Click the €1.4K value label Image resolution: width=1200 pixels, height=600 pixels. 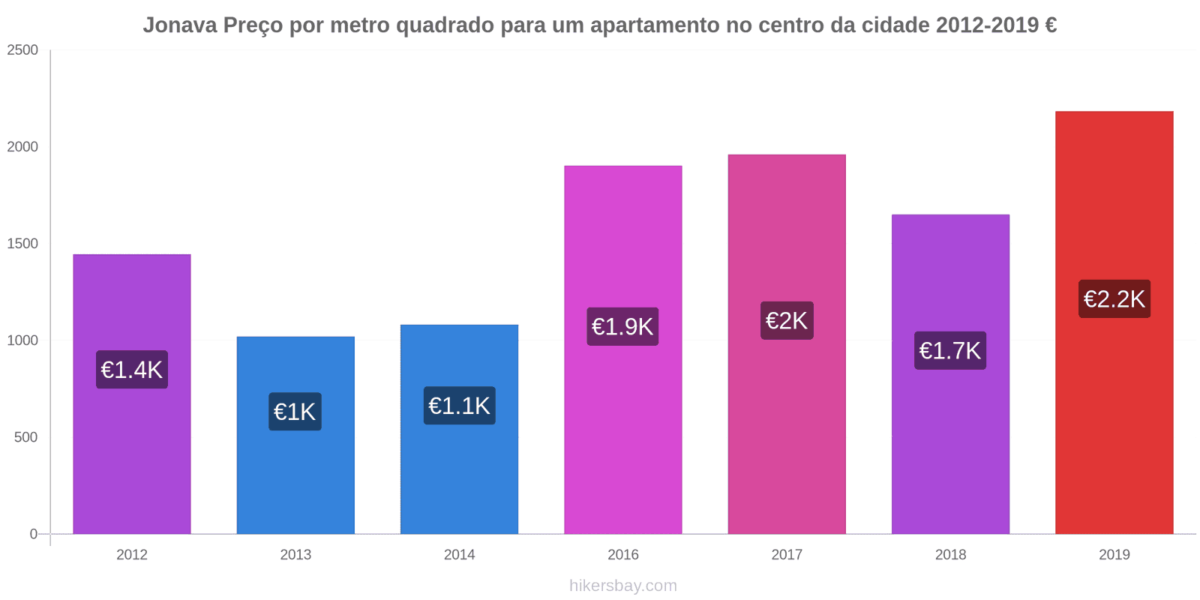click(132, 370)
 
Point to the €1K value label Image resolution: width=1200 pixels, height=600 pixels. click(295, 412)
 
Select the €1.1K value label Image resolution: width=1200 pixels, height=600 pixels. click(459, 406)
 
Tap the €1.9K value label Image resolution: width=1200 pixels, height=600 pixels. click(622, 326)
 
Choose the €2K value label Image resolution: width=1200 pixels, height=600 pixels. click(787, 320)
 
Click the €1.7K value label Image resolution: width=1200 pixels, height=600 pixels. click(950, 350)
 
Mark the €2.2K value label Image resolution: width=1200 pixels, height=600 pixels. click(1114, 298)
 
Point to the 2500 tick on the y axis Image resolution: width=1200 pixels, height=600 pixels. click(22, 50)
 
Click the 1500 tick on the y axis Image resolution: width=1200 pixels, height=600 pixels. click(22, 244)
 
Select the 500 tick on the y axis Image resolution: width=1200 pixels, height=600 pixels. click(25, 437)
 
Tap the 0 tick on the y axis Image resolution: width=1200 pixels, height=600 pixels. click(33, 534)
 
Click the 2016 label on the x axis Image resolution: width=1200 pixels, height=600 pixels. click(623, 555)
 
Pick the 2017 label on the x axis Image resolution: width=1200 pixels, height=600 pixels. click(787, 555)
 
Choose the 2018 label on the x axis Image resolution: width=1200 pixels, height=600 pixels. click(950, 555)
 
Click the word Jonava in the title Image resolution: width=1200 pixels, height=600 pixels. click(180, 25)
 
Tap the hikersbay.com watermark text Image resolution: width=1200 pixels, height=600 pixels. click(623, 586)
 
